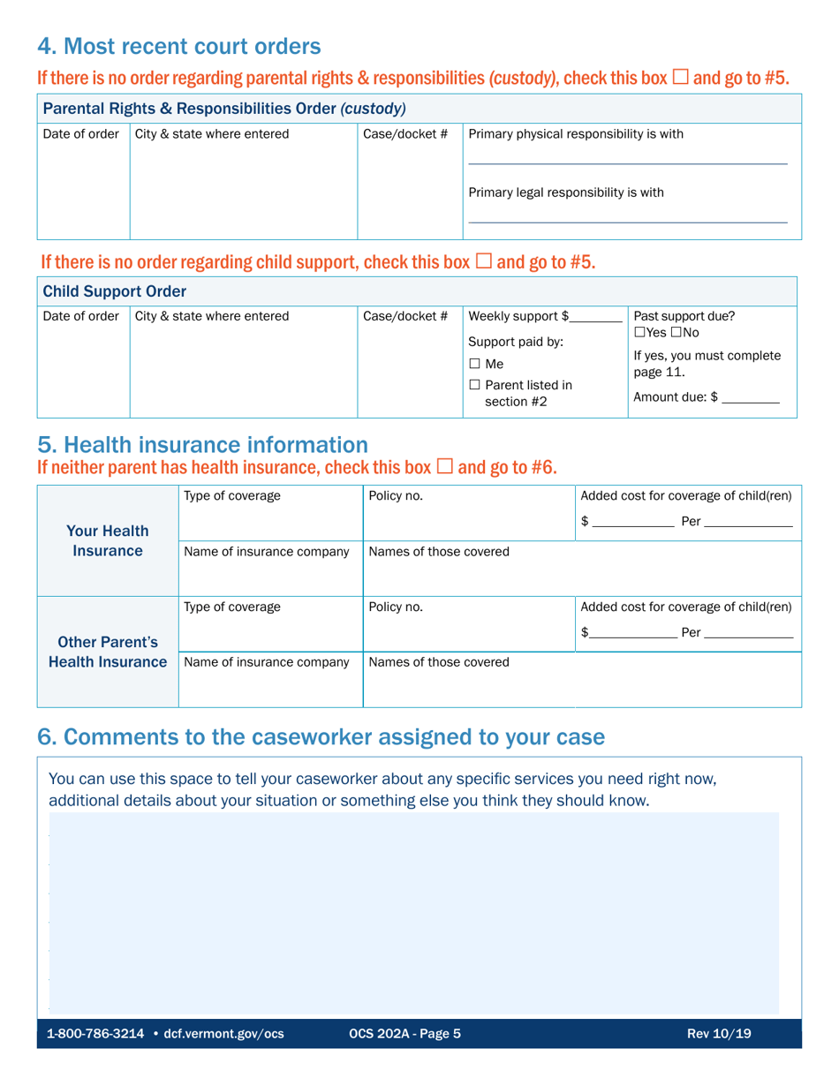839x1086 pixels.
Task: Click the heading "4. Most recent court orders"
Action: coord(178,45)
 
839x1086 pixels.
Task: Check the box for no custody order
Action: coord(680,78)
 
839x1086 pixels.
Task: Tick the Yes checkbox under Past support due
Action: coord(640,332)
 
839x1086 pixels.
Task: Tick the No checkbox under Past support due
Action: coord(681,332)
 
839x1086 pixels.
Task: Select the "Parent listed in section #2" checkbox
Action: coord(474,386)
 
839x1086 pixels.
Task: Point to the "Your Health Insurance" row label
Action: coord(107,541)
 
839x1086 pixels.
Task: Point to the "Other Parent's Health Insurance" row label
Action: coord(107,652)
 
